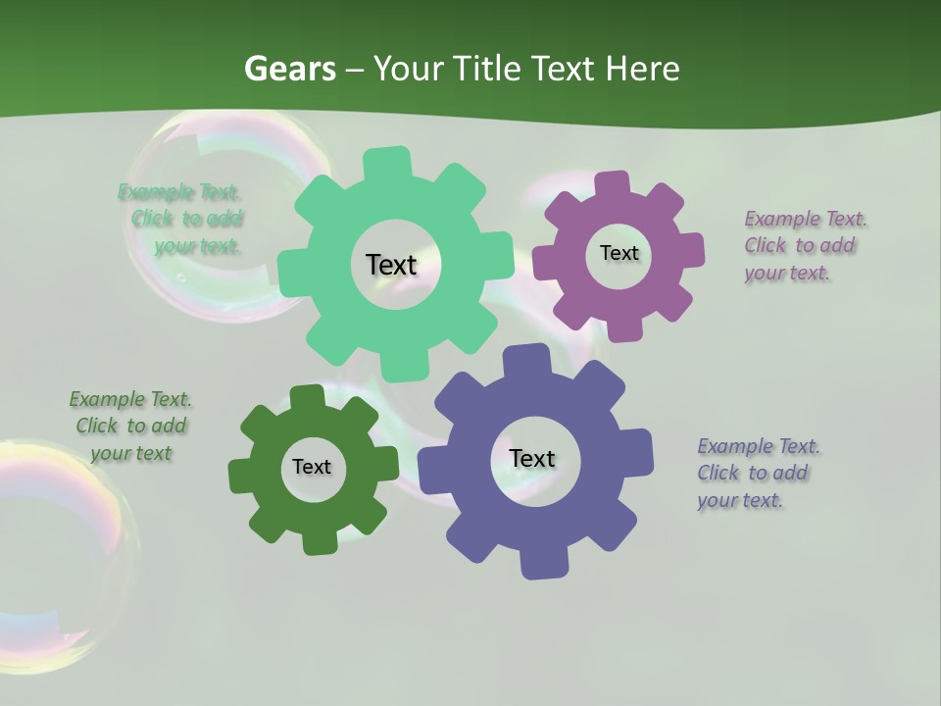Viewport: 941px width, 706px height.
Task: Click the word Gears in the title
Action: click(x=290, y=69)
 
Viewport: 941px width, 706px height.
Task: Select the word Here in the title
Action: click(x=642, y=69)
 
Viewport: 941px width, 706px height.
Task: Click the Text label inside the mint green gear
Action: click(x=391, y=265)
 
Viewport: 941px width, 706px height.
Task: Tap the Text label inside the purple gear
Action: click(x=619, y=253)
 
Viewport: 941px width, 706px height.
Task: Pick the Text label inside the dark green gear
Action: click(x=312, y=468)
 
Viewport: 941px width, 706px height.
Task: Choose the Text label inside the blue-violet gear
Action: click(x=532, y=459)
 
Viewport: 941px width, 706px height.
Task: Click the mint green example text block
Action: click(x=182, y=219)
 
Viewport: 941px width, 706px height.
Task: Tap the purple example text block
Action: click(x=804, y=245)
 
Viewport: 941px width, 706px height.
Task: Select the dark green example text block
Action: click(x=130, y=427)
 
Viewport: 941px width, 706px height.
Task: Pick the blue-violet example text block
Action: click(x=758, y=473)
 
